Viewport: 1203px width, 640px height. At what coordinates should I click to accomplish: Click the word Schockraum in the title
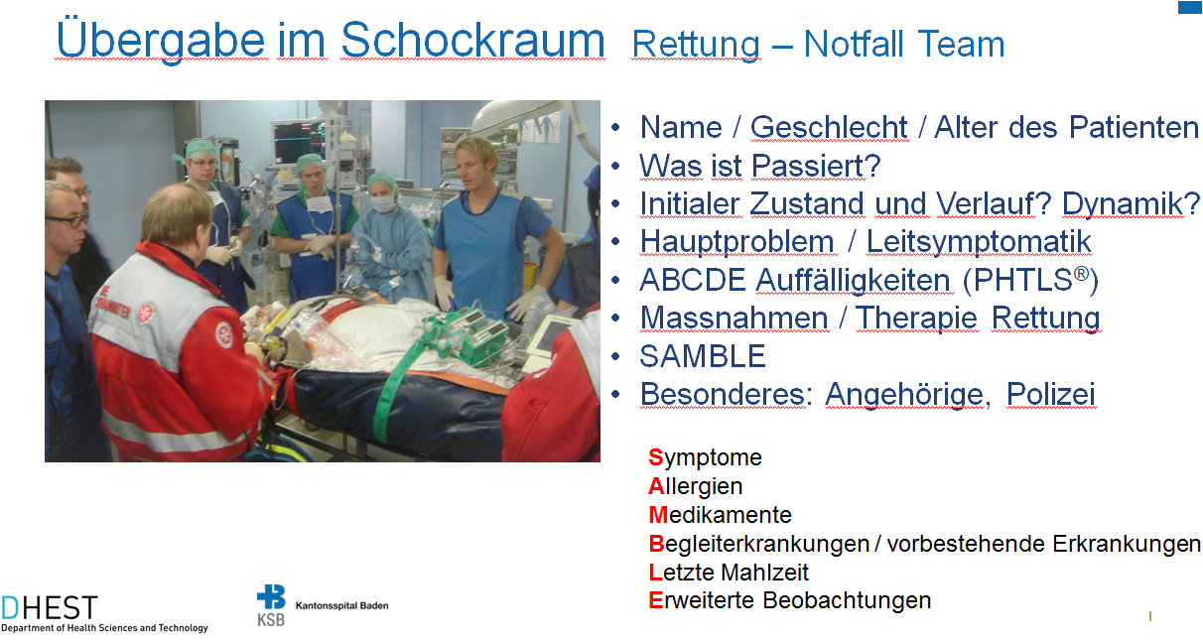click(x=473, y=40)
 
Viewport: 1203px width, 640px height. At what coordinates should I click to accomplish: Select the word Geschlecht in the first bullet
click(x=829, y=128)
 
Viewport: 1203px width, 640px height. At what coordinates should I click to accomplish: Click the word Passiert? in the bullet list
click(x=816, y=166)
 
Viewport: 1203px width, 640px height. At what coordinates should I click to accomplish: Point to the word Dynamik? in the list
click(x=1131, y=204)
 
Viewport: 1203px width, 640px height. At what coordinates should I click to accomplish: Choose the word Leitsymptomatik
click(x=979, y=242)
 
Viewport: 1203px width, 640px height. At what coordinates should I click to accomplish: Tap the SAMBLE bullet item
click(x=703, y=356)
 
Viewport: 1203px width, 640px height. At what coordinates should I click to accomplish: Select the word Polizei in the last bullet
click(x=1050, y=394)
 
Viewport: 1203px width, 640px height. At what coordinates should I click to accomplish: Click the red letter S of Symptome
click(x=655, y=457)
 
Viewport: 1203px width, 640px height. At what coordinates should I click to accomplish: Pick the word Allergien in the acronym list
click(x=696, y=486)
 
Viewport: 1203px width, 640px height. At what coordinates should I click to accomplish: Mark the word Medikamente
click(x=721, y=514)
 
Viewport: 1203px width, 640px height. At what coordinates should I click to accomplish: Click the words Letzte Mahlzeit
click(x=729, y=572)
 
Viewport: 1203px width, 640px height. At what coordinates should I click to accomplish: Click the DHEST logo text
click(x=50, y=608)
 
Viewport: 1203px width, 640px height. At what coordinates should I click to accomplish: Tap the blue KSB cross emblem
click(x=272, y=597)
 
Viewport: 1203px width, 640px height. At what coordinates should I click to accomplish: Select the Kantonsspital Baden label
click(x=342, y=605)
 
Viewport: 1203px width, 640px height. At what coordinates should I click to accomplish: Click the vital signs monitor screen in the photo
click(x=298, y=141)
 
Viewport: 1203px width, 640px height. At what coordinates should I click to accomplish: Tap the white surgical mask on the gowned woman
click(x=383, y=203)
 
